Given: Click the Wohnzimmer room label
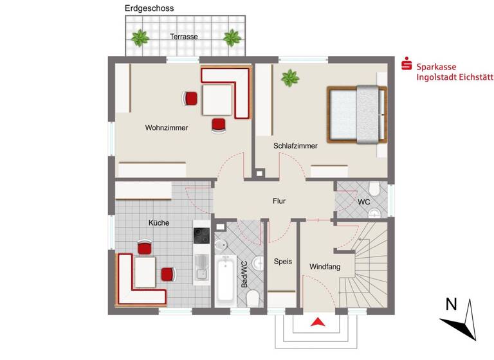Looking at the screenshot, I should (167, 128).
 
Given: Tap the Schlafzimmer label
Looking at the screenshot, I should (295, 146).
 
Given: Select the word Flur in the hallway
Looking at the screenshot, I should (279, 201).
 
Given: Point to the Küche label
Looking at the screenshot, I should (159, 223).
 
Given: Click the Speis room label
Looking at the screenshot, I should (283, 262).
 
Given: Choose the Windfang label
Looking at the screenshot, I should (325, 266).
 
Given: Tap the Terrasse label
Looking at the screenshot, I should (184, 37).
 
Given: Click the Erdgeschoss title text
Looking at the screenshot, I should (149, 8).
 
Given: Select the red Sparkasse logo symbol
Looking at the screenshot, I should (406, 65).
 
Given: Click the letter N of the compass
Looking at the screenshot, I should (452, 303).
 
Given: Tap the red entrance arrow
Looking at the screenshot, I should (316, 323).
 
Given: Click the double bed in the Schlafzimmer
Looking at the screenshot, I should (358, 114).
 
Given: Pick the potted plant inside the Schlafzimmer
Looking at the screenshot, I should (290, 79).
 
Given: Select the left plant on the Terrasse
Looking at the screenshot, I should (140, 37).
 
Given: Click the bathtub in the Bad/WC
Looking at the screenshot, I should (225, 280).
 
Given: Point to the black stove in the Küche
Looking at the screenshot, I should (202, 236).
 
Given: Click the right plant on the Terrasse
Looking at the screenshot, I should (232, 37).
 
